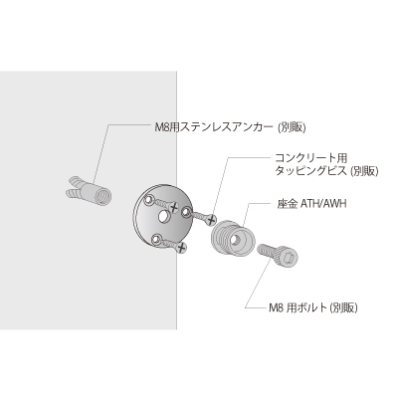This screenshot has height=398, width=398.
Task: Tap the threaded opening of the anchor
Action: pyautogui.click(x=103, y=196)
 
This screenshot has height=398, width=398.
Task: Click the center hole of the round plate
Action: pyautogui.click(x=163, y=217)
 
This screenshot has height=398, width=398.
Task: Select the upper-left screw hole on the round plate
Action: pyautogui.click(x=148, y=199)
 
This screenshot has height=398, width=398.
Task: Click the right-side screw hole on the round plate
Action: pyautogui.click(x=187, y=211)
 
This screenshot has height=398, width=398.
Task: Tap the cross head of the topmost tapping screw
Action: pyautogui.click(x=174, y=208)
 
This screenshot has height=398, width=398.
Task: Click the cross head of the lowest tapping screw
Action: pyautogui.click(x=181, y=248)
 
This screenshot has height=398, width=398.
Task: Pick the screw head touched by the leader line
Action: pyautogui.click(x=210, y=220)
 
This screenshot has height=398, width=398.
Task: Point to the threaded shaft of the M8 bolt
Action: pyautogui.click(x=267, y=251)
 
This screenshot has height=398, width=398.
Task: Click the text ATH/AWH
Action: pyautogui.click(x=323, y=203)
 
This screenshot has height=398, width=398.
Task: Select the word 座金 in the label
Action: pyautogui.click(x=287, y=203)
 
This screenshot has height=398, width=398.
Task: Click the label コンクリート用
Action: pyautogui.click(x=311, y=156)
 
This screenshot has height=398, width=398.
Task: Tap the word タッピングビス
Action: pyautogui.click(x=311, y=171)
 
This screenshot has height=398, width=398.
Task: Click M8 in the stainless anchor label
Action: pyautogui.click(x=162, y=127)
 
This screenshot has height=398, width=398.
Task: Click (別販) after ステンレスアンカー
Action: pyautogui.click(x=292, y=127)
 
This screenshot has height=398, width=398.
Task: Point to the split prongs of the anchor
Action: pyautogui.click(x=74, y=187)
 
